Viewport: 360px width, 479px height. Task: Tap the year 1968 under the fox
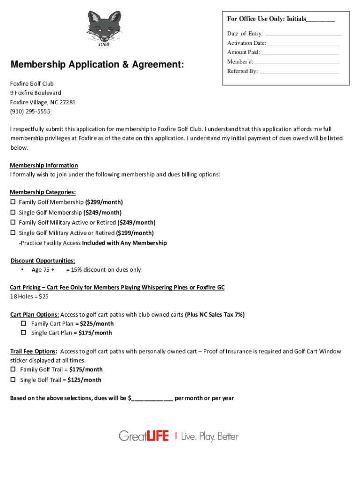[103, 44]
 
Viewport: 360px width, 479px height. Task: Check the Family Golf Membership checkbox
[13, 202]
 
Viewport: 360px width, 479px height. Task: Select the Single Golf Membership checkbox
[13, 212]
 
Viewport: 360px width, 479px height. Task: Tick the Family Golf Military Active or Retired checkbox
[13, 223]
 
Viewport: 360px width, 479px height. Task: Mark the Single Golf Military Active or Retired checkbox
[13, 233]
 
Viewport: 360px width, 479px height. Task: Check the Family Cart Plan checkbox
[23, 324]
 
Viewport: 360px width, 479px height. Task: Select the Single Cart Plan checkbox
[23, 333]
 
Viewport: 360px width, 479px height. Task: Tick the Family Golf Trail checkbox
[13, 370]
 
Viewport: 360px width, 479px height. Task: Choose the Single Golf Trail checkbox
[13, 380]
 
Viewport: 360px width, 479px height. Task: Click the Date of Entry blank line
[303, 35]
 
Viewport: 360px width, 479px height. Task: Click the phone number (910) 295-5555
[30, 111]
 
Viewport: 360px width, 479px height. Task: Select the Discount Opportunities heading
[43, 261]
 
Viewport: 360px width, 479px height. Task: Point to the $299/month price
[104, 202]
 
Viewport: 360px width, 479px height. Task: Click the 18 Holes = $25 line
[29, 297]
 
